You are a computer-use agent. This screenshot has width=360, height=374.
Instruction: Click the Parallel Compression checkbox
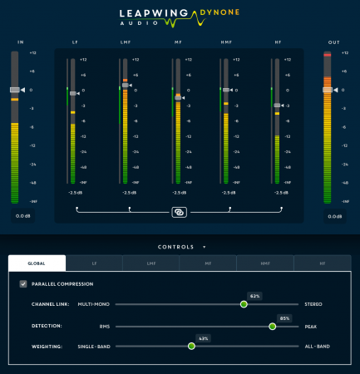(22, 283)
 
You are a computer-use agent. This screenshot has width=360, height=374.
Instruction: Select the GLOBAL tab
(37, 263)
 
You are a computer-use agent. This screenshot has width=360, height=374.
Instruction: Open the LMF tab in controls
(151, 263)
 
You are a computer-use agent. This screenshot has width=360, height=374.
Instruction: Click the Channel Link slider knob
(244, 304)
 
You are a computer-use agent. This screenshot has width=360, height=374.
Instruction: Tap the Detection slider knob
(272, 326)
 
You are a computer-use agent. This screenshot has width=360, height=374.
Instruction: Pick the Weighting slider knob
(191, 346)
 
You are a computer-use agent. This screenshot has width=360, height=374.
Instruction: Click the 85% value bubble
(284, 317)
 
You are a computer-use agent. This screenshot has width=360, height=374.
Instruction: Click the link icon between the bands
(179, 212)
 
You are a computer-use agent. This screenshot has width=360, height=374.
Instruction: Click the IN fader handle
(14, 89)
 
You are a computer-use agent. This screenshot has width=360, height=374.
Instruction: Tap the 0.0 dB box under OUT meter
(335, 215)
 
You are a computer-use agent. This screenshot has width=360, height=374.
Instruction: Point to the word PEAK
(311, 326)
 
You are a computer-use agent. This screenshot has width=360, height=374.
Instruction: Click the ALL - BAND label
(318, 346)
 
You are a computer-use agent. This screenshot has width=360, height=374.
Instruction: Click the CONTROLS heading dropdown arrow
(204, 247)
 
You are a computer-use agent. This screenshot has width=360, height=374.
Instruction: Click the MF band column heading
(177, 41)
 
